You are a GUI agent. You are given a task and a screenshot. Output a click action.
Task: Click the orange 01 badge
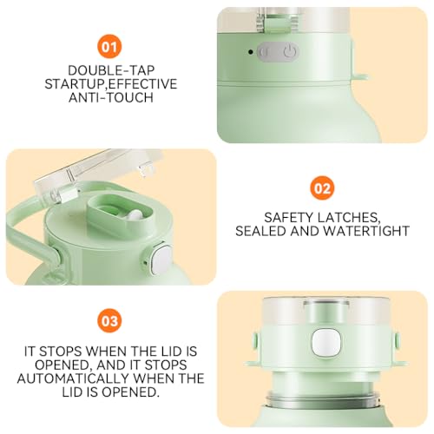(109, 47)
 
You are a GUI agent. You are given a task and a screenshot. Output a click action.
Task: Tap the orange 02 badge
(322, 188)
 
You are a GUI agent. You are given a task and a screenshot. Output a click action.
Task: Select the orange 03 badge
(109, 320)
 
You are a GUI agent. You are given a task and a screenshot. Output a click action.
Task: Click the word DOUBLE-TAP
(111, 70)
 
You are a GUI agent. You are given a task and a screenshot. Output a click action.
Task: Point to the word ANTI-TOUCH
(111, 97)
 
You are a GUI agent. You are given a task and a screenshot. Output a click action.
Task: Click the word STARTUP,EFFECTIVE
(111, 84)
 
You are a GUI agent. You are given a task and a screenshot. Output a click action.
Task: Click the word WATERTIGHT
(366, 231)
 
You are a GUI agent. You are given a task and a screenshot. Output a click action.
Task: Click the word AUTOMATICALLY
(73, 378)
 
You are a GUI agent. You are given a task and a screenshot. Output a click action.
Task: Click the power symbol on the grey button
(289, 52)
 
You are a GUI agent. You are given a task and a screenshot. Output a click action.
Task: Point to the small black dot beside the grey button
(251, 52)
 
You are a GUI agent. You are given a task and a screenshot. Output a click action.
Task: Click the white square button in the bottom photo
(325, 343)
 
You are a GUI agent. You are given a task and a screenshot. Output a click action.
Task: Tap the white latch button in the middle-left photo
(161, 260)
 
